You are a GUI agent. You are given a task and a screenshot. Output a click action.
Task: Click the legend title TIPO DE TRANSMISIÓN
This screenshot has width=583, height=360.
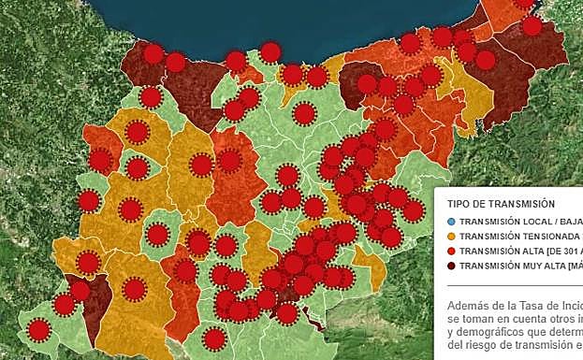pyautogui.click(x=501, y=203)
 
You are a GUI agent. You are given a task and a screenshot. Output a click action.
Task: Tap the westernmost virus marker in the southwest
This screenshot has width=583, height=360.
pyautogui.click(x=38, y=329)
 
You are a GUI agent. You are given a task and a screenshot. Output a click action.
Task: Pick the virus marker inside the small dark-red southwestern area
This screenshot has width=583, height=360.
pyautogui.click(x=80, y=291)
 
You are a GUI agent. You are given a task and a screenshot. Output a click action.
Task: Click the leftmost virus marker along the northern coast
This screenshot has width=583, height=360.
pyautogui.click(x=153, y=54)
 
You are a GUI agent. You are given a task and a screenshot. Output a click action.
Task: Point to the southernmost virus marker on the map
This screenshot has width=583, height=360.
pyautogui.click(x=215, y=338)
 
